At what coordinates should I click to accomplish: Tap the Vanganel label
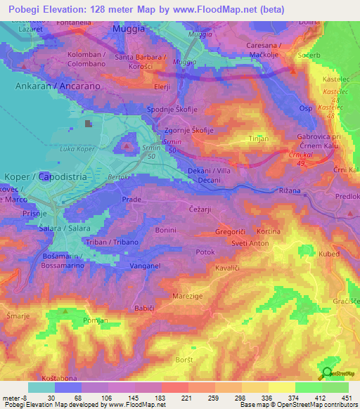[146, 266]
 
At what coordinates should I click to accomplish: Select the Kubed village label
[329, 254]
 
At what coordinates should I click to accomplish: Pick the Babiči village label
[143, 308]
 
